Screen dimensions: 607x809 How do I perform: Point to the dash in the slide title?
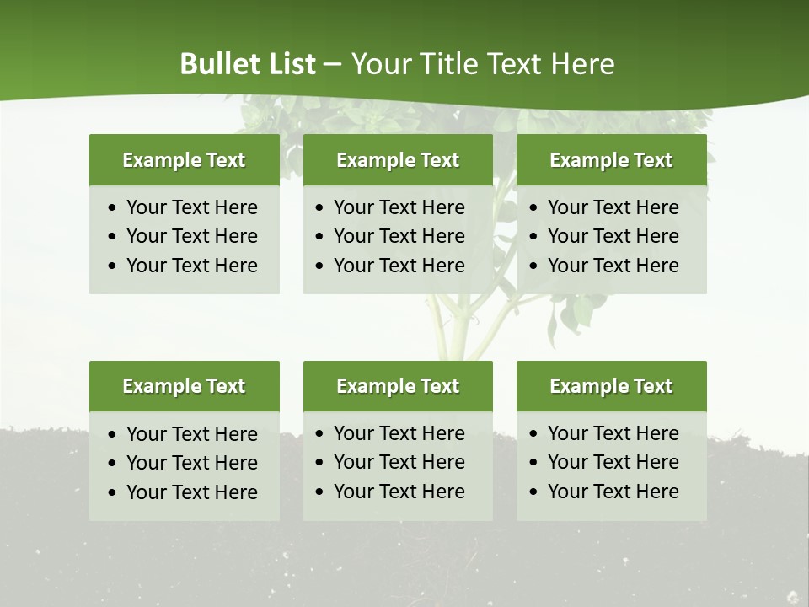(332, 64)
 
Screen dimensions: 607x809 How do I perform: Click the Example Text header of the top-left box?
(184, 160)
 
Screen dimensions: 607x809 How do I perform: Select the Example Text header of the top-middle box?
(398, 160)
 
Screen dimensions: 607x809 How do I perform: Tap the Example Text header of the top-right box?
(611, 160)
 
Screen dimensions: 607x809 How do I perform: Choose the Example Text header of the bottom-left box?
(184, 386)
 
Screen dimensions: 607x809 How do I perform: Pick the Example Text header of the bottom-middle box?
(398, 386)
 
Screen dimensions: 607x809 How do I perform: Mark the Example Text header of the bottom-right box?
(611, 386)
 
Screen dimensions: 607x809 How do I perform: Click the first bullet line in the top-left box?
(191, 207)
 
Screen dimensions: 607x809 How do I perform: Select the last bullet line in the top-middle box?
(399, 266)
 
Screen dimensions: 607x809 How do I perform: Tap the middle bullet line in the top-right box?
(613, 236)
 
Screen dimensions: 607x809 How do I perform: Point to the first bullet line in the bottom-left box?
(191, 434)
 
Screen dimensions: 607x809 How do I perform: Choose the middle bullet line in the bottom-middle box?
(399, 462)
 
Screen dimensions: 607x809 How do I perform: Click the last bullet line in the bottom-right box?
(613, 492)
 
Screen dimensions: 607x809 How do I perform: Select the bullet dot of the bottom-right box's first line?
(533, 434)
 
